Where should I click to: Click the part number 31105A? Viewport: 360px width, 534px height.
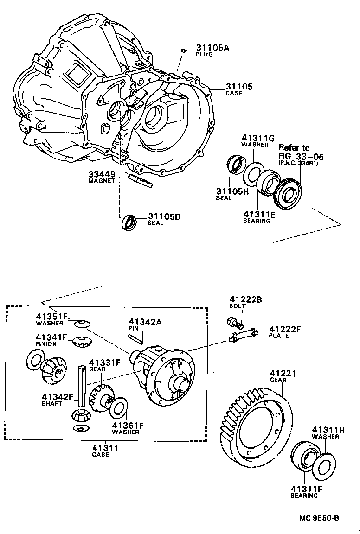pos(212,48)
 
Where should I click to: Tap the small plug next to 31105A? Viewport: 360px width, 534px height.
pos(184,51)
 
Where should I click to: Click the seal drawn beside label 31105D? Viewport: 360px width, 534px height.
pos(129,222)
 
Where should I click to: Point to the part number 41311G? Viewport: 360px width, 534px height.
pos(257,138)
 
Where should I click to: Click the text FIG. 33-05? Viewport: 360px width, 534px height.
pos(301,156)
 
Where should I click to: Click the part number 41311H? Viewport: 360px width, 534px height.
pos(328,430)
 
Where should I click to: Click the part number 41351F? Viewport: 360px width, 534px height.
pos(51,317)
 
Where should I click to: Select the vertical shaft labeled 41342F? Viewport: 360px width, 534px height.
pos(83,385)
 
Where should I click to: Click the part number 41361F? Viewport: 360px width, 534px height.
pos(128,425)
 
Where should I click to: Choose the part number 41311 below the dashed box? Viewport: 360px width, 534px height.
pos(105,448)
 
